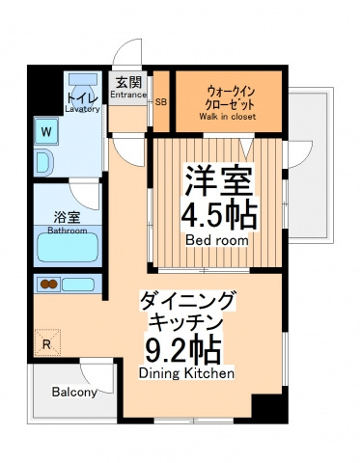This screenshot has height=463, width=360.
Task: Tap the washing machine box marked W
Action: coord(46,131)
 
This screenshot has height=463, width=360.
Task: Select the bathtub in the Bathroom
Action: coord(68,248)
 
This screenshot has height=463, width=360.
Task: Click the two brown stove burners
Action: coord(49,284)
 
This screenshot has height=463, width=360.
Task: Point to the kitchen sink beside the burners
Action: coord(78,285)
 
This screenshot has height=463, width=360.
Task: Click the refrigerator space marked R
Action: coord(47,342)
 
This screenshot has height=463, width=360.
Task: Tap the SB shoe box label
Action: coord(161,102)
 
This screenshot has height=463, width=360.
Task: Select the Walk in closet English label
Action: coord(227,117)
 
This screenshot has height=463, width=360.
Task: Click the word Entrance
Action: coord(128,95)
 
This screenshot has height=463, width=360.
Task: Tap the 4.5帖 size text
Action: coord(219,215)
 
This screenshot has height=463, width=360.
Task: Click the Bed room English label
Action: coord(217,240)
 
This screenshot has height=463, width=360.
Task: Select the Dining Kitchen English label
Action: coord(186,373)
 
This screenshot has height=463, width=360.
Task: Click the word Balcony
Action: coord(74,393)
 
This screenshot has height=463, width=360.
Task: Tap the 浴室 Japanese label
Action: coord(67,218)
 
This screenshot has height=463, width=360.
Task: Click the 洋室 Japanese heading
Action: coord(218,180)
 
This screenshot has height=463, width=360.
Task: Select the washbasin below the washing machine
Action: coord(45,163)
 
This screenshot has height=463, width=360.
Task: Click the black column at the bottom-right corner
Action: coord(269,406)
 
